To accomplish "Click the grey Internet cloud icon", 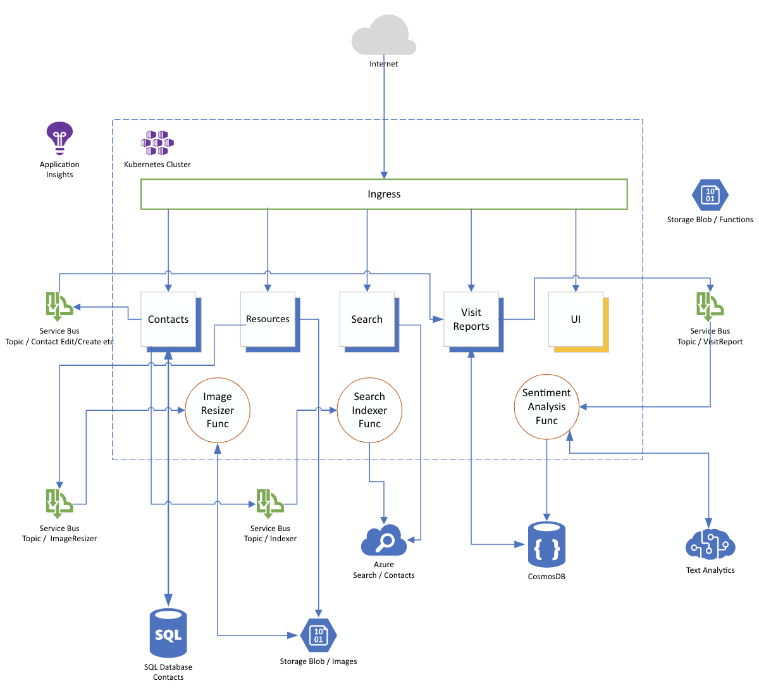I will tap(383, 36).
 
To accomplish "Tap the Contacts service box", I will tap(168, 320).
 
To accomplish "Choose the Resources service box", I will tap(268, 320).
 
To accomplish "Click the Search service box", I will tap(367, 320).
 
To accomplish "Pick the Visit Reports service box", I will tap(471, 320).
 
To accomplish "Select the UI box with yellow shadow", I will tap(576, 320).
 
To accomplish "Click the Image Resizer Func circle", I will tap(218, 410).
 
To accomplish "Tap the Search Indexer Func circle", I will tap(369, 410).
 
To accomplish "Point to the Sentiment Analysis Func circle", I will tap(546, 406).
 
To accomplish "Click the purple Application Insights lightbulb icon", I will tap(59, 138).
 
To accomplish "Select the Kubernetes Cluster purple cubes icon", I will tap(157, 143).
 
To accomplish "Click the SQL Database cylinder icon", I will tap(168, 633).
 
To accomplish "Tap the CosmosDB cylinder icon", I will tap(546, 545).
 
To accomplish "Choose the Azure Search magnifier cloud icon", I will tap(383, 541).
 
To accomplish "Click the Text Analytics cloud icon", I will tap(710, 544).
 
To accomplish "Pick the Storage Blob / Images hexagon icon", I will tap(318, 635).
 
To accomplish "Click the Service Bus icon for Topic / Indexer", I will tap(269, 503).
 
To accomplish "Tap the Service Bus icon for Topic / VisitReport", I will tap(710, 306).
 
